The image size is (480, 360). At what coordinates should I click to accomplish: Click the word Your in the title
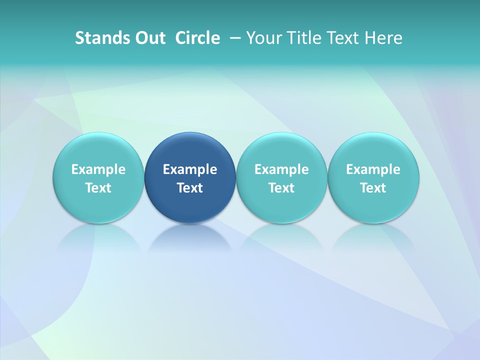click(261, 38)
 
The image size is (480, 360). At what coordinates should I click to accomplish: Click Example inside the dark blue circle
click(190, 169)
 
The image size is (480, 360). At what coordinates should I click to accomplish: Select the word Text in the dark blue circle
click(190, 188)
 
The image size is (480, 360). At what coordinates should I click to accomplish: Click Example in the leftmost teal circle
click(98, 169)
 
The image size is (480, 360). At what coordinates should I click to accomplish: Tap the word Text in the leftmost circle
click(98, 188)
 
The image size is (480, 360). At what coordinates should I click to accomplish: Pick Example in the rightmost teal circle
click(373, 169)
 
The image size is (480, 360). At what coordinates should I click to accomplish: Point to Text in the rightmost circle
click(373, 188)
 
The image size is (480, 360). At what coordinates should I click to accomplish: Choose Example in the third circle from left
click(281, 169)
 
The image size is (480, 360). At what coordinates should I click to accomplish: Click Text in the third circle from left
click(281, 188)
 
